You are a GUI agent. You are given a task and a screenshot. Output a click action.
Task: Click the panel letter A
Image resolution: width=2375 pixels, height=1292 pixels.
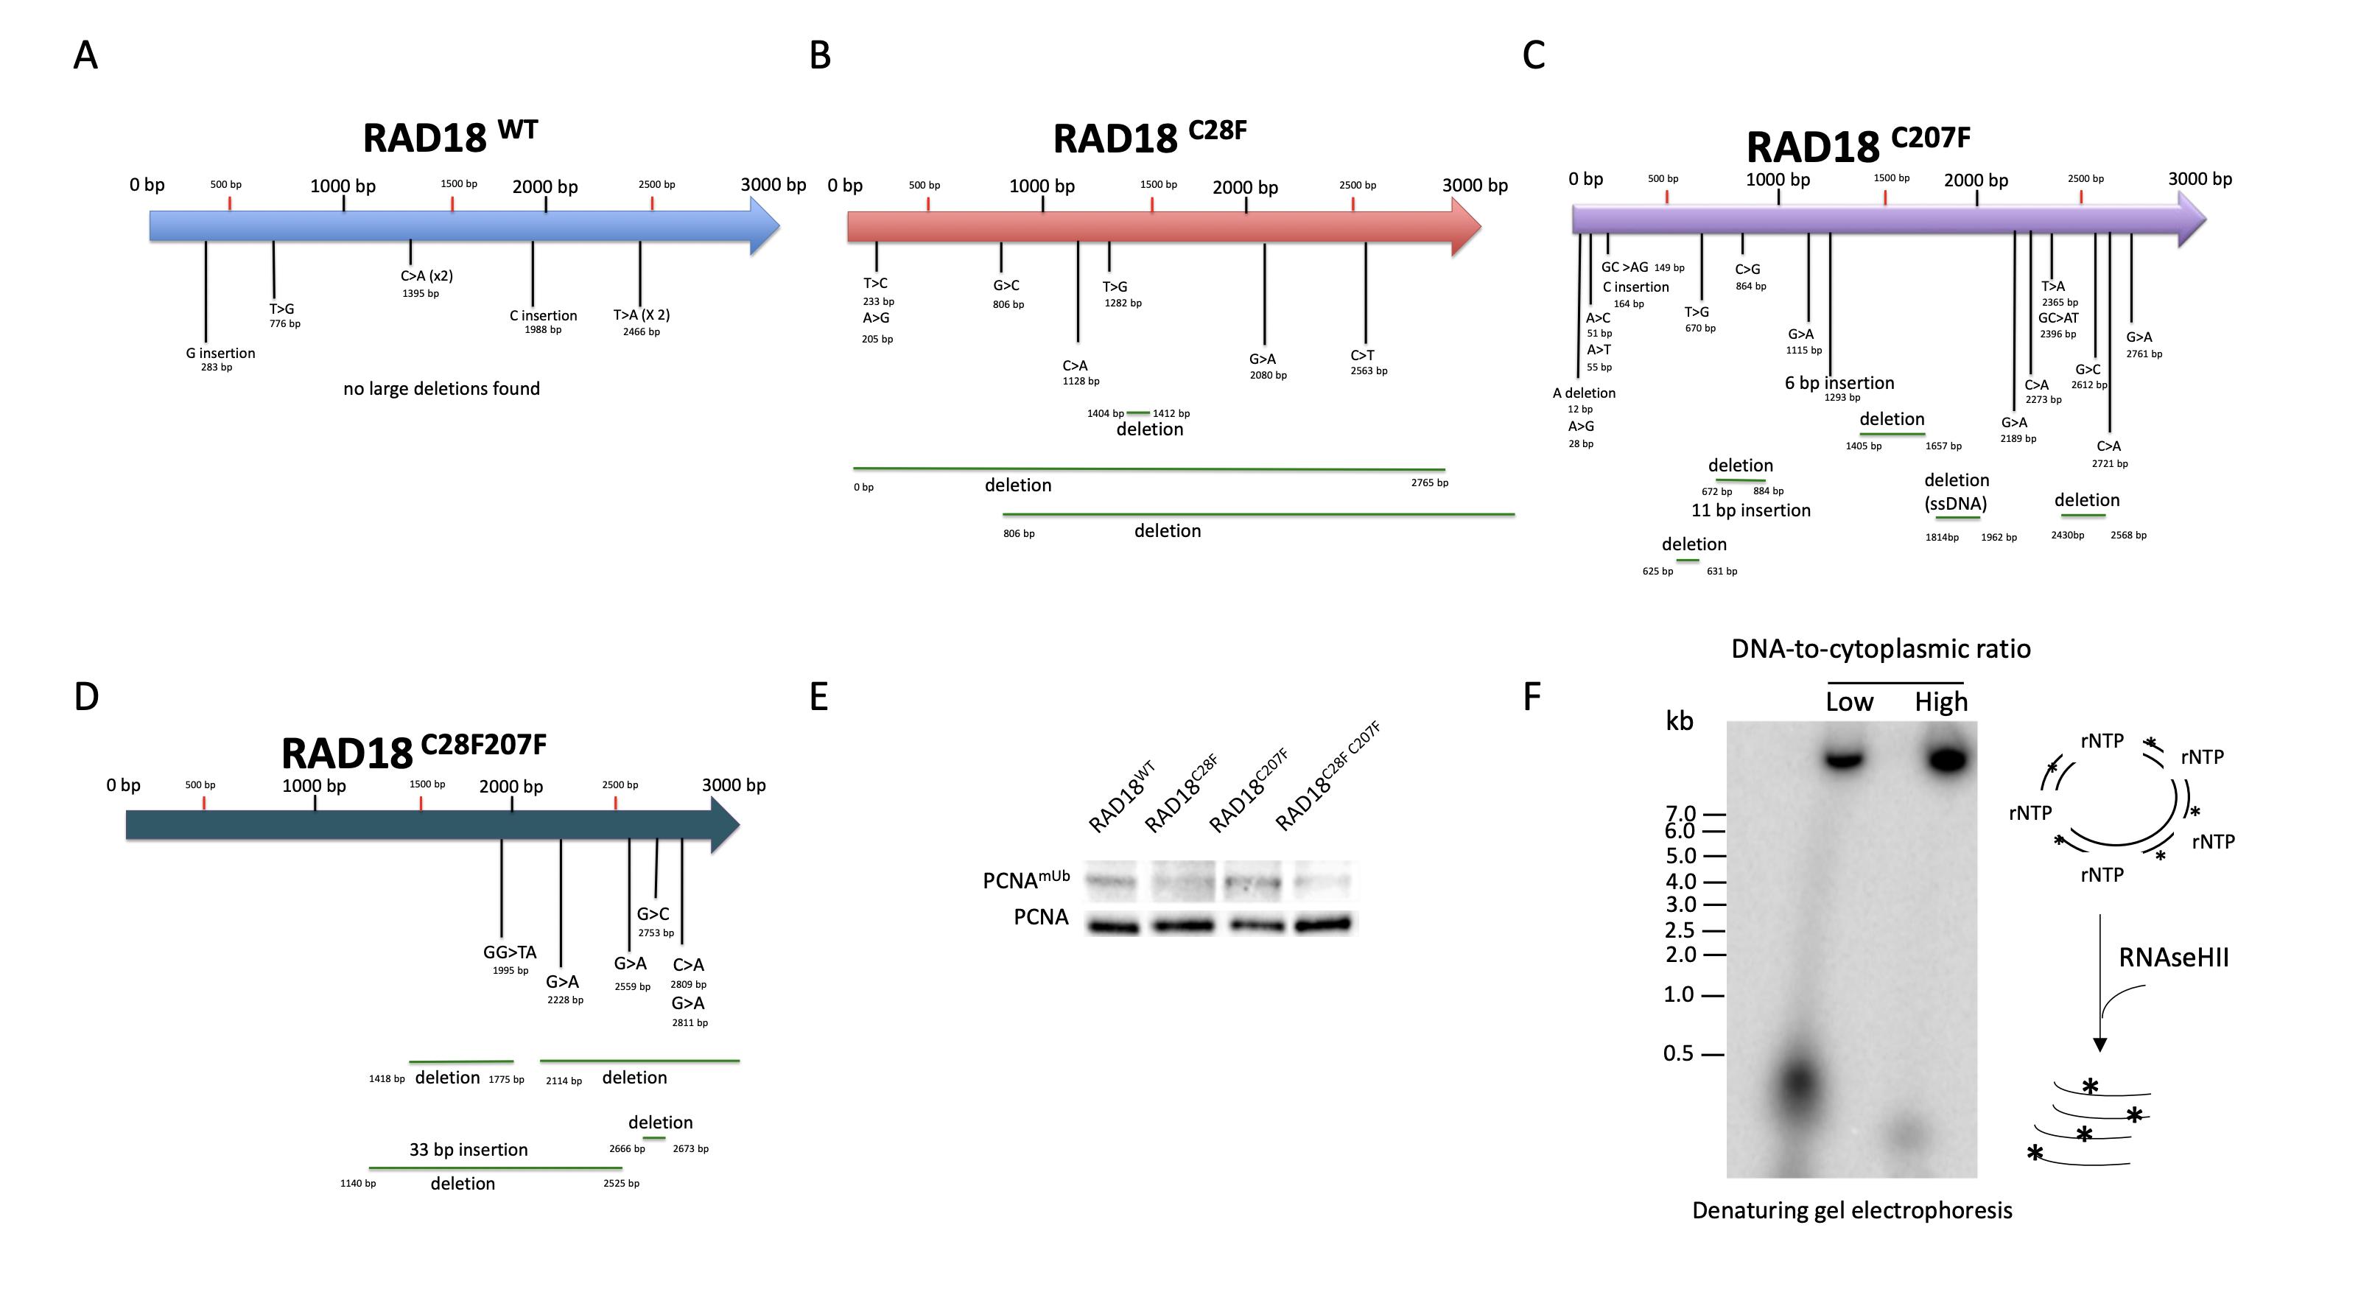(85, 55)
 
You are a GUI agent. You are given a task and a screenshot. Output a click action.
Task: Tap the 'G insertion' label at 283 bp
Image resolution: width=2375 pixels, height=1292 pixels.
(220, 354)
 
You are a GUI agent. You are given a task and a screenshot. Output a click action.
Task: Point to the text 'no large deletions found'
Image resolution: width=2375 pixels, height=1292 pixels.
(441, 388)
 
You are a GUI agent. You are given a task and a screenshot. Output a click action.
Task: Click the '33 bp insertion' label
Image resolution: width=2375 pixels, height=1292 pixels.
(469, 1149)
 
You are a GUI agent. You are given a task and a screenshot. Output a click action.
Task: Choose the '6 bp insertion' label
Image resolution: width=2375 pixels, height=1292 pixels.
(1839, 383)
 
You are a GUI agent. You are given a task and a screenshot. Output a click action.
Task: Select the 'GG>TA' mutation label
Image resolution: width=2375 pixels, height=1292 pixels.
(509, 952)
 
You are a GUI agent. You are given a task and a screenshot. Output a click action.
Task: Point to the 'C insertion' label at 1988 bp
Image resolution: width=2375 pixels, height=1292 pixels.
(543, 315)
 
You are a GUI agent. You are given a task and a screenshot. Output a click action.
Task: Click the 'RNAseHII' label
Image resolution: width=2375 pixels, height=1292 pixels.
(2173, 958)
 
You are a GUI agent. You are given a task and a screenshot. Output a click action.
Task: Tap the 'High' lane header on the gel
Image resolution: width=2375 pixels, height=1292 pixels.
(1941, 702)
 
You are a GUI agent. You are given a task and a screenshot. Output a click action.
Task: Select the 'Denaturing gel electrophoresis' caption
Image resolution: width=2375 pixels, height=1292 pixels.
(1851, 1210)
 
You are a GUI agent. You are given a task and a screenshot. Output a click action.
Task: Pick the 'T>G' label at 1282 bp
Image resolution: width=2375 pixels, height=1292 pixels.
(1115, 287)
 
